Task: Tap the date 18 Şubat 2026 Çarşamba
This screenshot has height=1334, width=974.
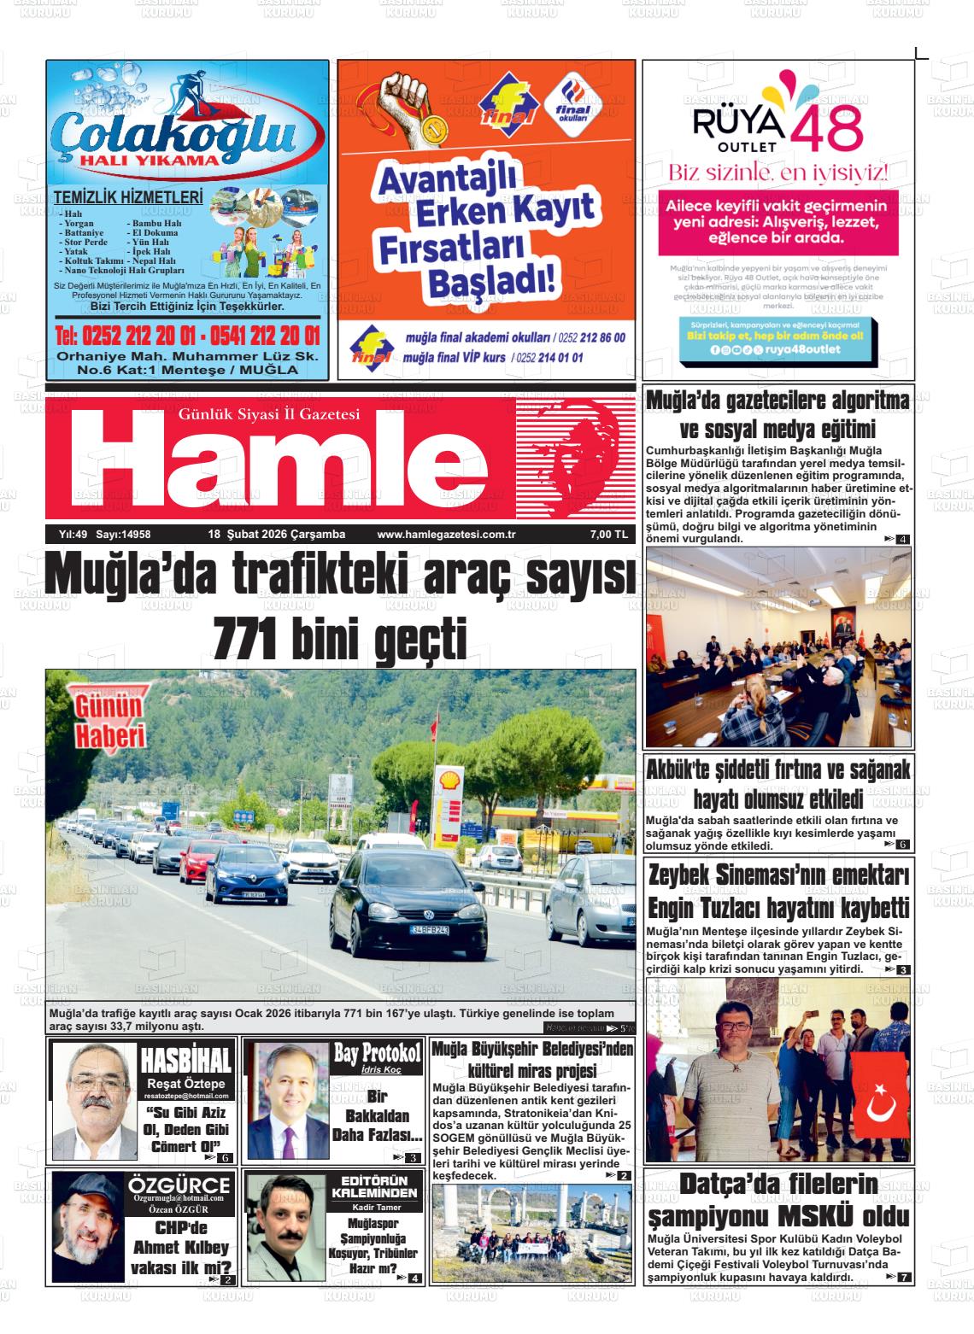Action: [x=277, y=535]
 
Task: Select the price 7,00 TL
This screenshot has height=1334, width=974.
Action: [x=608, y=535]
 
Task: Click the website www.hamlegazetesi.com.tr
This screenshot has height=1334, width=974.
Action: [x=440, y=535]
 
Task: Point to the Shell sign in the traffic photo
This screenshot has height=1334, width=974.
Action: [x=448, y=778]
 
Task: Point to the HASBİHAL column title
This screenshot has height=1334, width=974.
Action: [x=185, y=1061]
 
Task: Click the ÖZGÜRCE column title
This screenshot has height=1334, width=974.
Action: [x=179, y=1185]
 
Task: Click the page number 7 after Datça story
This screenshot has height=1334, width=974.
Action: [x=904, y=1277]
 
